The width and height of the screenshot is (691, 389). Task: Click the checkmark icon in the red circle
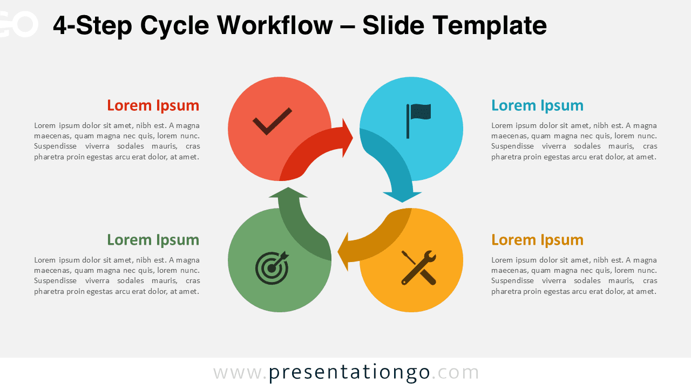(x=272, y=121)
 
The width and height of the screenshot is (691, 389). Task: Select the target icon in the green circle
(x=272, y=267)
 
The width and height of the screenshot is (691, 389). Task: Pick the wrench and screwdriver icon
(x=418, y=267)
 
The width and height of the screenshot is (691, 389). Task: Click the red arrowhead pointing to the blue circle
(x=347, y=138)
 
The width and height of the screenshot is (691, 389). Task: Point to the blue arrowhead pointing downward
(x=402, y=196)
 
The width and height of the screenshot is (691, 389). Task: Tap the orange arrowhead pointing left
(x=343, y=251)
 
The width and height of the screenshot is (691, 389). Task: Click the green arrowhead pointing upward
(x=288, y=193)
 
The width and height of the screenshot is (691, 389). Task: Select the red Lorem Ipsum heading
(x=153, y=105)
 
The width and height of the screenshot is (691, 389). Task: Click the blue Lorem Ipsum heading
(x=537, y=105)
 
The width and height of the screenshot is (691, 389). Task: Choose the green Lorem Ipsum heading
(x=153, y=240)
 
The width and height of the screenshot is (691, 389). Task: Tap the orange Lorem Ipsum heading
(x=537, y=240)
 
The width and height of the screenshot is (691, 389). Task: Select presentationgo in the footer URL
(x=349, y=373)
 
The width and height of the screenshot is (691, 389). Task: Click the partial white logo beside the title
(x=19, y=24)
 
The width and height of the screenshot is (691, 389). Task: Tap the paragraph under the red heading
(x=117, y=141)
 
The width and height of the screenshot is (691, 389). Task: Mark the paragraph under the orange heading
(x=574, y=276)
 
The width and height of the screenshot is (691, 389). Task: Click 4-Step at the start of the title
(x=91, y=25)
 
